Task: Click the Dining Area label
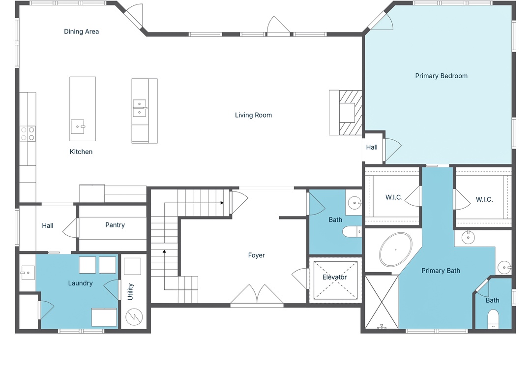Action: point(81,31)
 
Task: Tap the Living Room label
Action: point(253,115)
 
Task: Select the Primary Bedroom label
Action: point(441,76)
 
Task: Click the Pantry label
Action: point(115,225)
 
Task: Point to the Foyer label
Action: point(256,255)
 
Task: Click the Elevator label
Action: point(335,277)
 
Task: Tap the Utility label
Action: point(130,292)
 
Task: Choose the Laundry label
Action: point(80,283)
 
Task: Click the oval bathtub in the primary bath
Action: point(395,249)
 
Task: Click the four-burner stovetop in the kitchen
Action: point(28,133)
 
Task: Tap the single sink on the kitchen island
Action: point(78,126)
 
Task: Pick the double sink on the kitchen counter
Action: point(140,108)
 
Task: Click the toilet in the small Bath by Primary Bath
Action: point(493,319)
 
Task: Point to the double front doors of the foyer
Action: point(257,294)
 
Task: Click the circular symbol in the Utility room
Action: point(134,317)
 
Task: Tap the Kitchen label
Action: point(81,152)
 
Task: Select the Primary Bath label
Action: point(441,271)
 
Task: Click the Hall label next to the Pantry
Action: point(48,225)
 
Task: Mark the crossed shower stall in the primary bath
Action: point(382,302)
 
